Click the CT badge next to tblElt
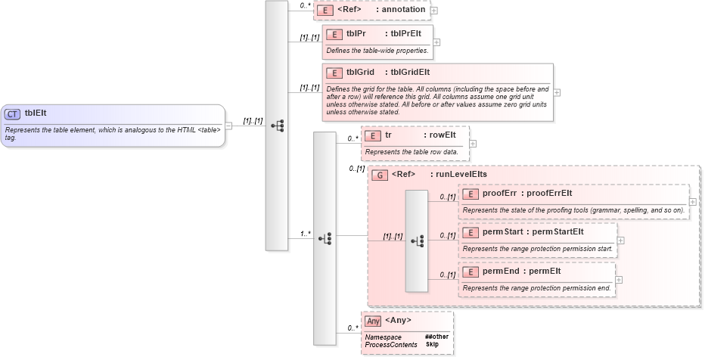(x=12, y=113)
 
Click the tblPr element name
(x=357, y=33)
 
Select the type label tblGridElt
(x=408, y=73)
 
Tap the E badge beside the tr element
(x=372, y=135)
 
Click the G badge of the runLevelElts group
(x=381, y=174)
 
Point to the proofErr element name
(x=499, y=193)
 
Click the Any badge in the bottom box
(x=373, y=321)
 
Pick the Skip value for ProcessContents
(x=432, y=344)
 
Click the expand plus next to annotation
(x=434, y=11)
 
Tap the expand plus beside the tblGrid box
(x=557, y=92)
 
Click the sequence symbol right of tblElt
(x=276, y=125)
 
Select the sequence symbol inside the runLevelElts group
(x=417, y=241)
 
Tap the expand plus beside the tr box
(x=473, y=142)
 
